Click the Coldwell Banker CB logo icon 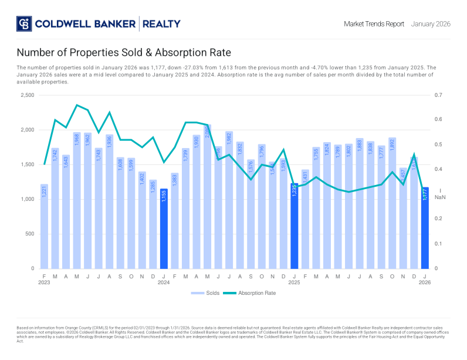(x=23, y=24)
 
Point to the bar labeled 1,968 (x=77, y=200)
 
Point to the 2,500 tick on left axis (x=27, y=95)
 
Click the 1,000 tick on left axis (x=27, y=199)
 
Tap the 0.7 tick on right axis (x=438, y=95)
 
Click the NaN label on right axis (x=440, y=197)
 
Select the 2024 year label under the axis (x=164, y=282)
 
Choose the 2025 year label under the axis (x=295, y=282)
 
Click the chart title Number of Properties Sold (x=124, y=53)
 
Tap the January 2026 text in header (x=431, y=24)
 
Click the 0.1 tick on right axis (x=438, y=244)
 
